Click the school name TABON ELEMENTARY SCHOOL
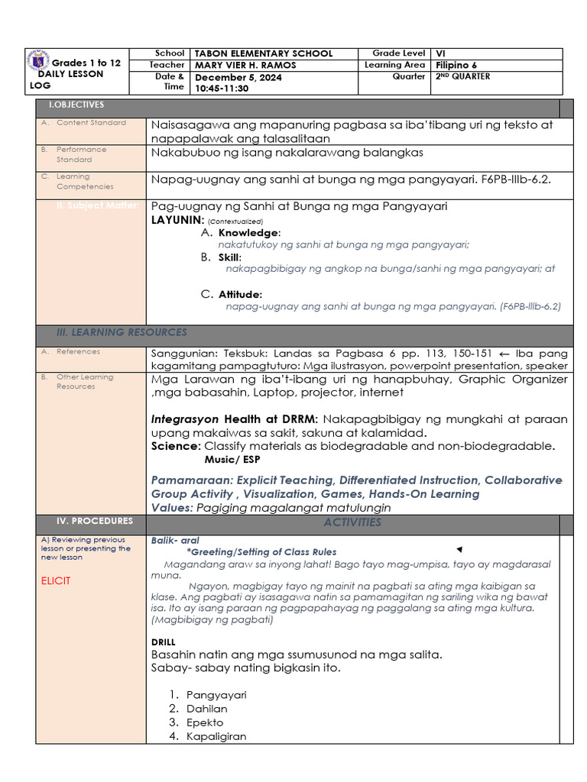tap(264, 53)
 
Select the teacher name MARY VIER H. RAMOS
tap(245, 66)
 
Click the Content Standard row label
tap(91, 123)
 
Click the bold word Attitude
tap(240, 294)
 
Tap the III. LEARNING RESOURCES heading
tap(122, 332)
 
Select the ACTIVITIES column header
tap(352, 522)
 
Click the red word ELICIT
tap(56, 581)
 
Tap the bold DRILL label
tap(163, 642)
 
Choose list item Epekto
tap(205, 722)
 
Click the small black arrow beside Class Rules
tap(459, 550)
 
